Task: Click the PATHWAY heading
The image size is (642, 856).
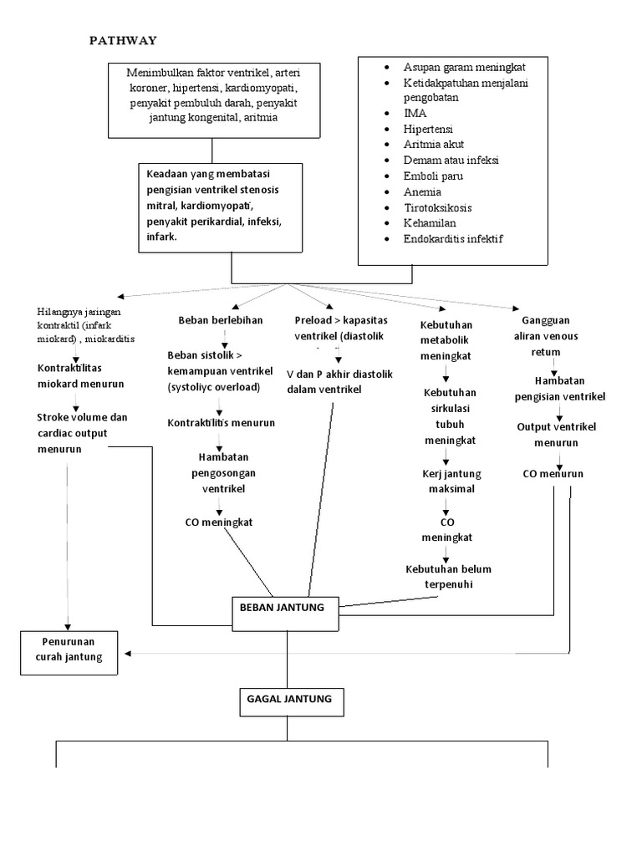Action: pos(124,40)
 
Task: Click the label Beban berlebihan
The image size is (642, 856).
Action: pos(220,320)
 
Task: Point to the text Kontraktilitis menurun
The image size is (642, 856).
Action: pos(221,424)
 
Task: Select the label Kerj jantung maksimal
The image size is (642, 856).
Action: pos(447,481)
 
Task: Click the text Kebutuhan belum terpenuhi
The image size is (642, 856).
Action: pos(448,577)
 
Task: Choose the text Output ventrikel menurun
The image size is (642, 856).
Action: pos(555,435)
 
